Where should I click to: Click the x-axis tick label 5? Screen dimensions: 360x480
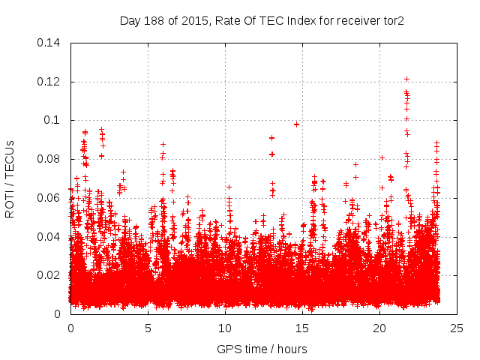pyautogui.click(x=148, y=328)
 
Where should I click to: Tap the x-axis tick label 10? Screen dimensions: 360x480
pyautogui.click(x=225, y=328)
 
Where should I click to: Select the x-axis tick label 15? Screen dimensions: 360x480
pyautogui.click(x=302, y=328)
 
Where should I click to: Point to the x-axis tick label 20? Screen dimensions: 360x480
pyautogui.click(x=379, y=328)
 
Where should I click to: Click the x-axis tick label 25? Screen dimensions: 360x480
pyautogui.click(x=457, y=328)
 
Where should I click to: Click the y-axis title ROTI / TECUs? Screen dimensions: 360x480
pyautogui.click(x=10, y=178)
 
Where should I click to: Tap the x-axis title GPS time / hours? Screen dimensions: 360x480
pyautogui.click(x=262, y=349)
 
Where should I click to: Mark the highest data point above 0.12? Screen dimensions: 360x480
pyautogui.click(x=406, y=79)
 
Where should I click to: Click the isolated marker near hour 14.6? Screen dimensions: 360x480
pyautogui.click(x=296, y=124)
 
